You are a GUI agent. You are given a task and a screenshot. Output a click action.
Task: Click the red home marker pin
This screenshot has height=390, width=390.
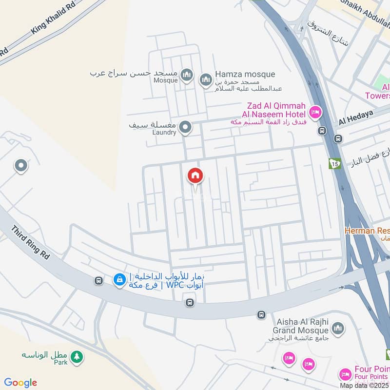coord(195,175)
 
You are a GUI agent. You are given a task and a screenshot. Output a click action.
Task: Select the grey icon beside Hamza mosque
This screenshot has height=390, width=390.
coord(206,78)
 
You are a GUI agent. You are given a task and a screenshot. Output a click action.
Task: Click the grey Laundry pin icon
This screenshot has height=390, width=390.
coord(185,128)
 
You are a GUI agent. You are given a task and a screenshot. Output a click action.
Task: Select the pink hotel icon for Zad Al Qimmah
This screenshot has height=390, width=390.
coord(315,113)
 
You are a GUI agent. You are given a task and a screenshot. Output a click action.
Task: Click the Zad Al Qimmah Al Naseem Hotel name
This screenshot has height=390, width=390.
coord(276,110)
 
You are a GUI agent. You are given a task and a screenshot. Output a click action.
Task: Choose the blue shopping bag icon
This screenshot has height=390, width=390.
coord(119,280)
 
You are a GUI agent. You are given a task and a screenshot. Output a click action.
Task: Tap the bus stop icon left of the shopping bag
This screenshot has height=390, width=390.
coord(99,280)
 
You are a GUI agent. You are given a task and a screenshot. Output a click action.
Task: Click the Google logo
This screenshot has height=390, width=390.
coord(20,383)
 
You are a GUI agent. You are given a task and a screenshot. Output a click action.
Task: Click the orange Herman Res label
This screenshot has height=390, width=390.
coord(367,230)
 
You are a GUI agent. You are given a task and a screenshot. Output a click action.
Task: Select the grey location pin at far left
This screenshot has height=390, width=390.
coord(20,167)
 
